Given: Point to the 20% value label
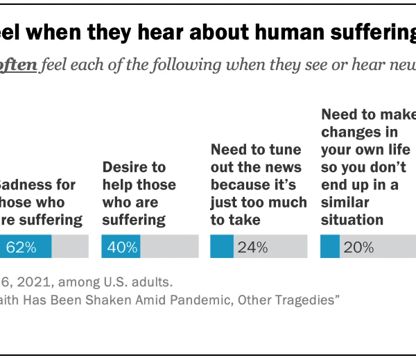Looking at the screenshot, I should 358,247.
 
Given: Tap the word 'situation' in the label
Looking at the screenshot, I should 352,220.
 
